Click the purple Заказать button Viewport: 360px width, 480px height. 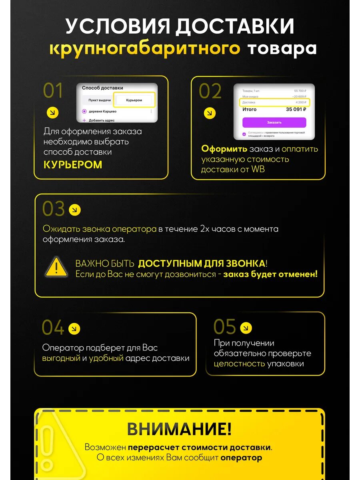click(x=274, y=122)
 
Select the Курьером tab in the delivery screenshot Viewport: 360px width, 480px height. click(x=134, y=100)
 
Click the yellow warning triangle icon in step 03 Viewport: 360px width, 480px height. click(x=56, y=267)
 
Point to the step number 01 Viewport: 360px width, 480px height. click(x=53, y=91)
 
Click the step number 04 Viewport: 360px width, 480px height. click(x=53, y=328)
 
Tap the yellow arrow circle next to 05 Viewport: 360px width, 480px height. click(x=246, y=328)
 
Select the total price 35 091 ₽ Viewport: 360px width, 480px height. click(x=296, y=109)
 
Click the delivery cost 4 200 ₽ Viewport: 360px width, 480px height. click(x=299, y=102)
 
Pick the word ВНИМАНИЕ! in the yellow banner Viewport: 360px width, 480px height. click(x=179, y=429)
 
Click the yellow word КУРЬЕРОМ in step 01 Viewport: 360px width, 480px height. click(x=73, y=165)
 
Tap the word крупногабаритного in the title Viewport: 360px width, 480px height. click(x=144, y=48)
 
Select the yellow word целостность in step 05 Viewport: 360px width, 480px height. click(x=239, y=364)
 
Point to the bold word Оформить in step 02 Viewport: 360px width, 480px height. click(x=224, y=149)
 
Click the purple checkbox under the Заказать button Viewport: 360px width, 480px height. click(x=244, y=134)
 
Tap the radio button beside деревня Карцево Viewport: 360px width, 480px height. click(x=84, y=111)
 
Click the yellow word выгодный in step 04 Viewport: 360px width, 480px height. click(x=61, y=358)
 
